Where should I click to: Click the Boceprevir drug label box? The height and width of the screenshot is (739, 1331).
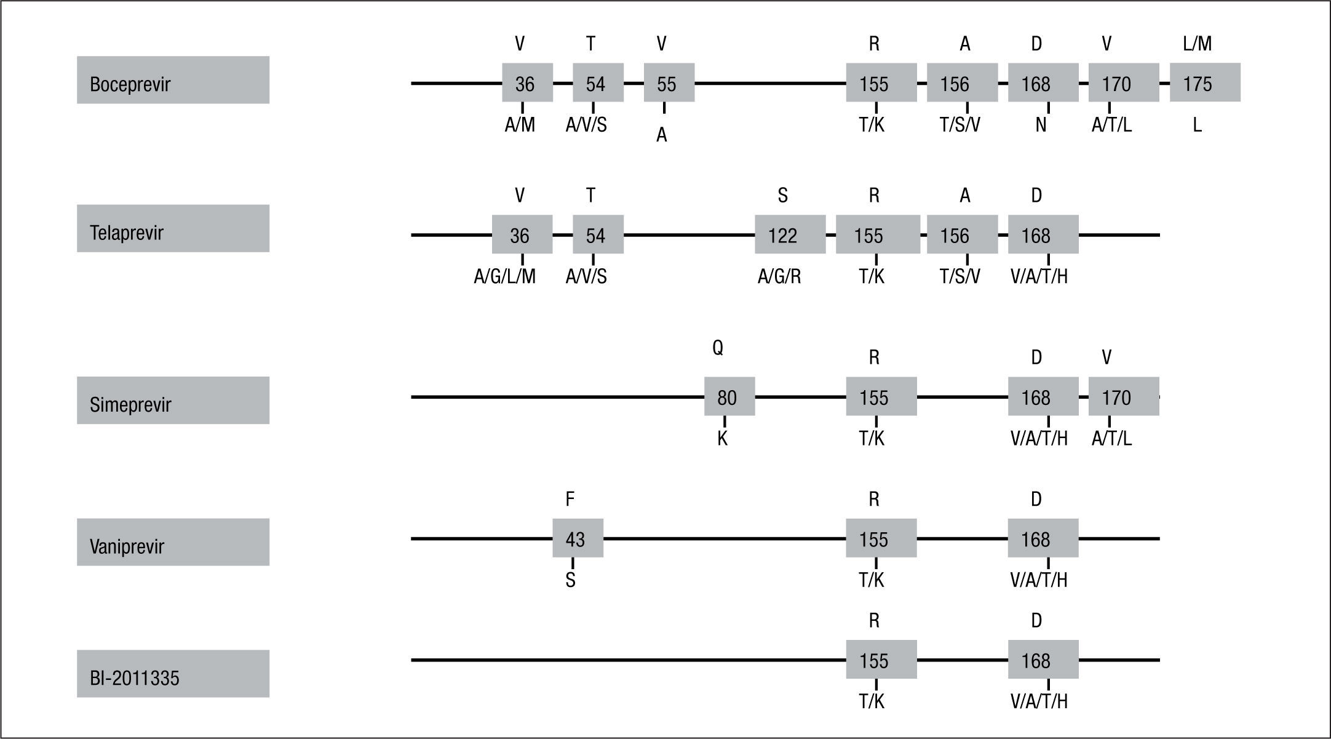point(173,80)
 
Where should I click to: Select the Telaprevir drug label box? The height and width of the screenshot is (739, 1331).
point(173,228)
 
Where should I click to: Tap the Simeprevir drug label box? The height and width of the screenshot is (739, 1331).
point(173,400)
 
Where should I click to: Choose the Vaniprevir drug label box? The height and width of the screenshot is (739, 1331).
point(173,541)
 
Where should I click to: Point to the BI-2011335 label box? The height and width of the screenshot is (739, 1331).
point(173,673)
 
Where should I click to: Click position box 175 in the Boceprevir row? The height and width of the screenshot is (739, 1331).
point(1204,82)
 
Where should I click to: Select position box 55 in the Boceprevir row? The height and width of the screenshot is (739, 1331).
point(669,82)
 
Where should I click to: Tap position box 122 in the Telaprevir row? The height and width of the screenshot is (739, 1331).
point(790,234)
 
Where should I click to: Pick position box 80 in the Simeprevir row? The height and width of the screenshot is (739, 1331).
point(729,397)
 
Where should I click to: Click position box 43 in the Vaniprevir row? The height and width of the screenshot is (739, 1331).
point(577,538)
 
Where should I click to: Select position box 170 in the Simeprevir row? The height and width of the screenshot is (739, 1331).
point(1123,397)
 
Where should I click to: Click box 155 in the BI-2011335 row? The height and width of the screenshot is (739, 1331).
point(881,660)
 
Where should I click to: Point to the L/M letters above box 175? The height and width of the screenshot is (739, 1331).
point(1197,44)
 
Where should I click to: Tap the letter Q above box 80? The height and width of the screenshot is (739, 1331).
point(718,348)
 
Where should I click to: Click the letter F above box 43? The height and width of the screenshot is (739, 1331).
point(570,500)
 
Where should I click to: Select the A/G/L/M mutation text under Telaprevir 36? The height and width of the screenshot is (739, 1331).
point(504,277)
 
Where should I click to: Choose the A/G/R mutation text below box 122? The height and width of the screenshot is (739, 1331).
point(779,277)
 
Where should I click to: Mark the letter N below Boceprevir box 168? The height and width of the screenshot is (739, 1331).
point(1041,126)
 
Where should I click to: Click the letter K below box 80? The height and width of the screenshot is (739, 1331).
point(723,439)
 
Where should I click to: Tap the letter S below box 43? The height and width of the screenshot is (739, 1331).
point(570,580)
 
